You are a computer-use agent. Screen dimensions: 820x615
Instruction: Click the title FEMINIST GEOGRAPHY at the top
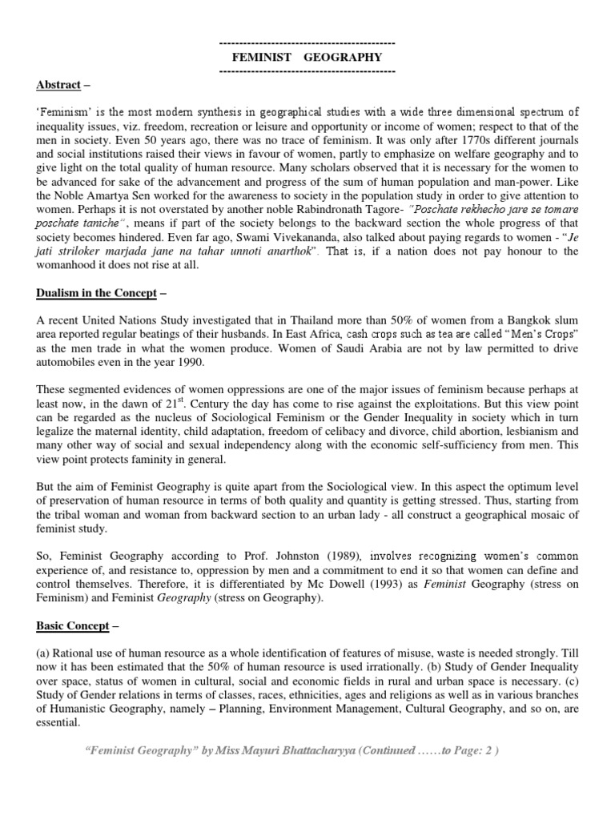(x=307, y=57)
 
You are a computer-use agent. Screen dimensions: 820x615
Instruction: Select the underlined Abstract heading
(x=58, y=85)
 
